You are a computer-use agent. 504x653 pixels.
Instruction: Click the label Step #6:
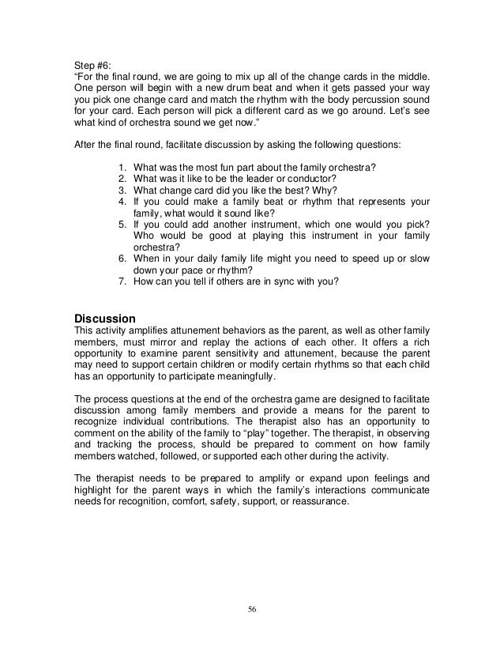click(93, 64)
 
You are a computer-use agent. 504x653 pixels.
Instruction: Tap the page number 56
click(251, 609)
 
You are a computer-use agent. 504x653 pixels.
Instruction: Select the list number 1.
click(119, 168)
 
